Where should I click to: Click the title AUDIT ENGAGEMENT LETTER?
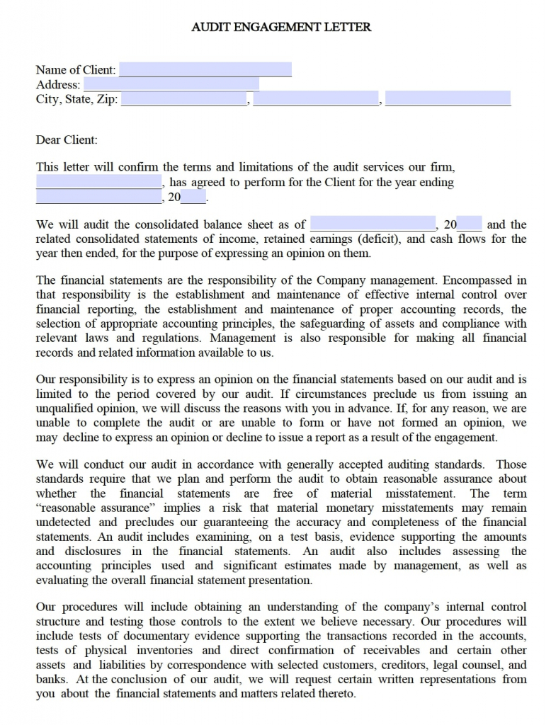281,27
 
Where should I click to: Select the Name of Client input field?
205,69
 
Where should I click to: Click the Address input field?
171,84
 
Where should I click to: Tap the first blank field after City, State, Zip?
183,99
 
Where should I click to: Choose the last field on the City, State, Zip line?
448,99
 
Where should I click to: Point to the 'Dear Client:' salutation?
67,140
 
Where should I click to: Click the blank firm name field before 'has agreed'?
98,183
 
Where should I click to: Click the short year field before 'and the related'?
470,224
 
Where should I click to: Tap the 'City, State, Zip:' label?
77,99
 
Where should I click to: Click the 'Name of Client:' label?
76,69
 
